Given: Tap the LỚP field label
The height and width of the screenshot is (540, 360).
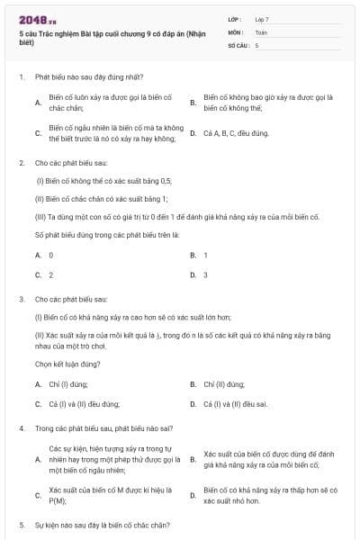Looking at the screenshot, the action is (x=236, y=19).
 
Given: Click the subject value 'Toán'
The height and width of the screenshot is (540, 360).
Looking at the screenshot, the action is (x=261, y=31).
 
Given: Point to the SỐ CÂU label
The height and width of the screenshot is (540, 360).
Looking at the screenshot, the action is (x=238, y=44).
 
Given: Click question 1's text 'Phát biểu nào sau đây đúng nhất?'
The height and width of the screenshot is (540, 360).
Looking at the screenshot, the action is (x=88, y=77).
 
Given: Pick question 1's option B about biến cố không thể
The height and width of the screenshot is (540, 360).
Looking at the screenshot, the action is (x=268, y=102).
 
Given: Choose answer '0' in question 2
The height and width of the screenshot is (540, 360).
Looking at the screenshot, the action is (x=50, y=256).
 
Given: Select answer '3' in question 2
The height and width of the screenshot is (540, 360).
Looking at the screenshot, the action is (x=206, y=274).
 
